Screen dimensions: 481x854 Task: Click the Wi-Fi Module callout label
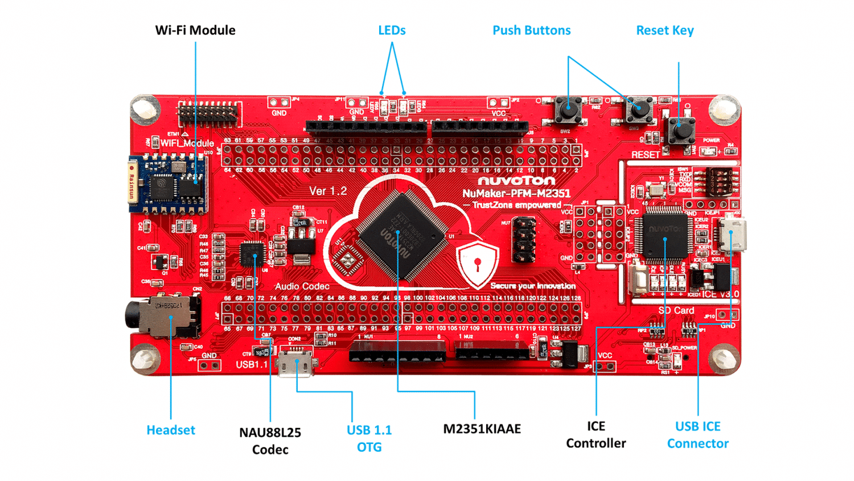(x=195, y=30)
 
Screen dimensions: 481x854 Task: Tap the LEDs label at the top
(x=392, y=30)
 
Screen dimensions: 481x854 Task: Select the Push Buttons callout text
(x=531, y=30)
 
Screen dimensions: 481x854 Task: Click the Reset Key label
(x=664, y=30)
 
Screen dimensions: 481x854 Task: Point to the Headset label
(x=171, y=430)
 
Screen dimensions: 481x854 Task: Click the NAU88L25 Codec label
(x=270, y=441)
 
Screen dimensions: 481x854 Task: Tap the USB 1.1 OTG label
(x=369, y=438)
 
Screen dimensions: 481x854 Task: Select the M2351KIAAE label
(x=482, y=429)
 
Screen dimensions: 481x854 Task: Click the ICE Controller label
(x=596, y=435)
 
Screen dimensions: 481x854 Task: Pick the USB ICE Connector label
(x=697, y=435)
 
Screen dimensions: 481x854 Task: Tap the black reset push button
(x=681, y=131)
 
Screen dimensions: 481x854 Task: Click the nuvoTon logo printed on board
(x=516, y=181)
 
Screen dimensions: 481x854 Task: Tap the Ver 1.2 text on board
(x=328, y=191)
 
